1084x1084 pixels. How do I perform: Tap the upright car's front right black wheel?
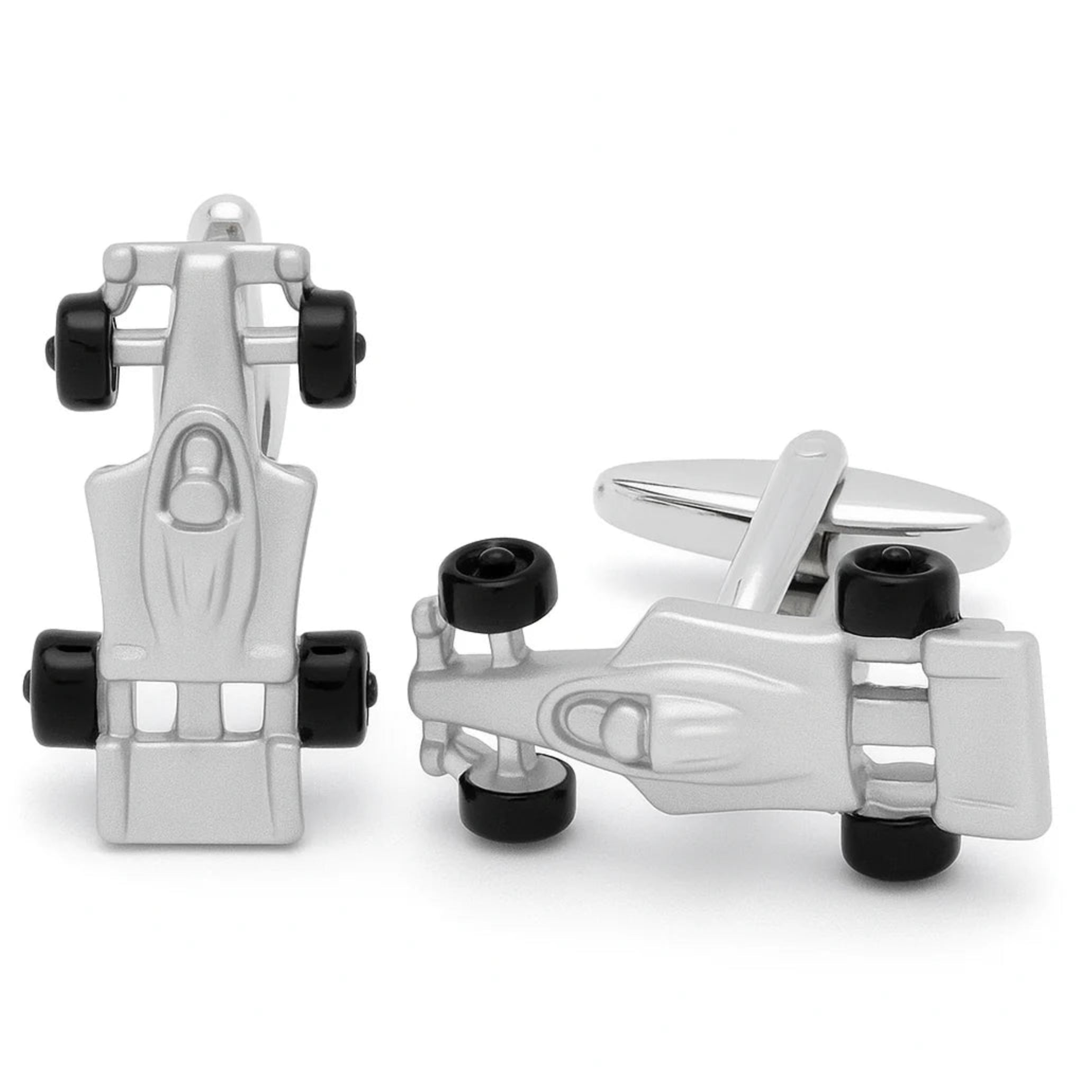(x=327, y=347)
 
